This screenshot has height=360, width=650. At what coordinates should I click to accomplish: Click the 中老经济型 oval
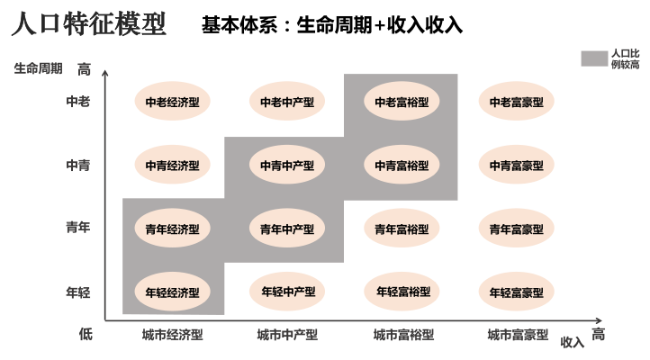172,102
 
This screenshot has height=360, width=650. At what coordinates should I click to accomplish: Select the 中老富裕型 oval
402,102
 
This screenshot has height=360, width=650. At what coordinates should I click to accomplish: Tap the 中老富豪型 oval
517,102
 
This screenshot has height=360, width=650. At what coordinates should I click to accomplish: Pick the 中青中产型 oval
287,166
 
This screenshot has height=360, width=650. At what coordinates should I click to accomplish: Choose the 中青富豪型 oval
517,166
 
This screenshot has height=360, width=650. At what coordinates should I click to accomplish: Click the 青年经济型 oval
172,229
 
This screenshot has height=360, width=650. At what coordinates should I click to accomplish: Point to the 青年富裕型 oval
402,229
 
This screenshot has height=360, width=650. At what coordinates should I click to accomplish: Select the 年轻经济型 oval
172,292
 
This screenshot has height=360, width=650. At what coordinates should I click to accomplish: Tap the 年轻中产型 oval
287,292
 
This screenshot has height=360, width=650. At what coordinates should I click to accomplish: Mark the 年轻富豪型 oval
517,292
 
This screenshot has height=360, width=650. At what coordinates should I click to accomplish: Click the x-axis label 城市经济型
172,335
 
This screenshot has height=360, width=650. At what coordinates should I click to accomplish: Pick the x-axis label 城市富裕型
403,335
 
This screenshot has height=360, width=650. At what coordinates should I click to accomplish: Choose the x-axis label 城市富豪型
518,335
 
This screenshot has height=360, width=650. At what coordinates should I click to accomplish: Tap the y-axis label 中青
77,166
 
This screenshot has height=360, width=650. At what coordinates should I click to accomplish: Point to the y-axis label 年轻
77,292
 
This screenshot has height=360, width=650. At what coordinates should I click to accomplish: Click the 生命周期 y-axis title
39,68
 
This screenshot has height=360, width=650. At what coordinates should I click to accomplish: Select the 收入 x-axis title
573,342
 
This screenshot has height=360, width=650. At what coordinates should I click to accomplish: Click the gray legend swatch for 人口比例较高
594,58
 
